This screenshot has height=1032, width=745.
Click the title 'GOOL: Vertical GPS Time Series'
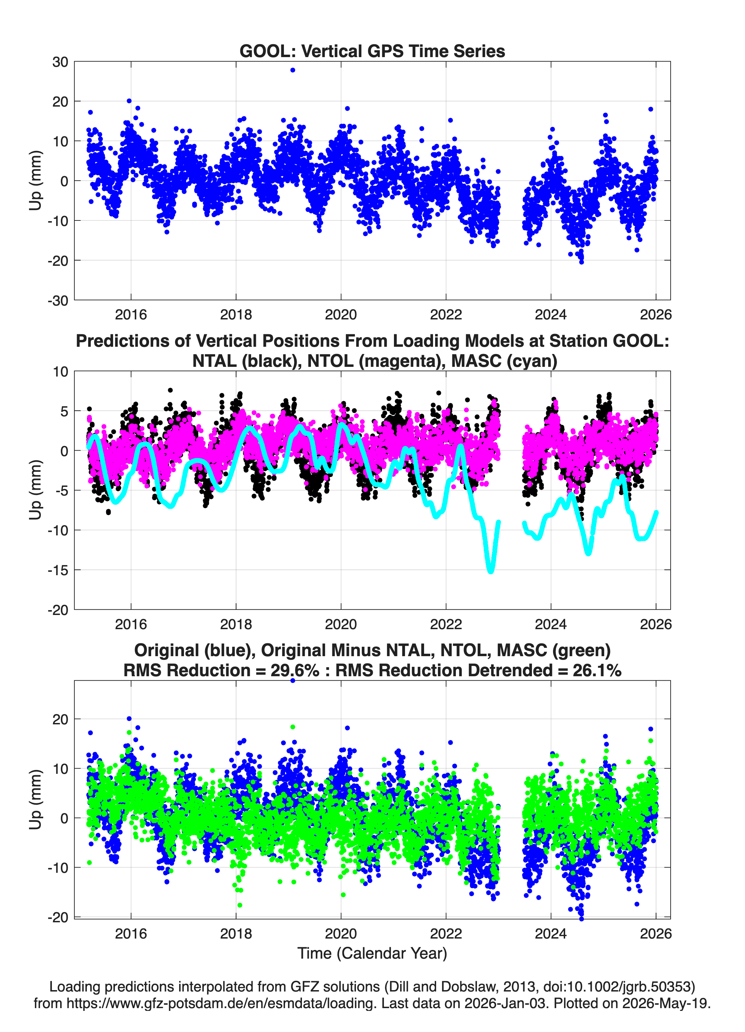coord(372,51)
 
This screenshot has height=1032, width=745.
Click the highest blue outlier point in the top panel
coord(293,70)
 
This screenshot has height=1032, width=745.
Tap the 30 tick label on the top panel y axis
coord(60,62)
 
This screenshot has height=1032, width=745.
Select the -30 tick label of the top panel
coord(58,300)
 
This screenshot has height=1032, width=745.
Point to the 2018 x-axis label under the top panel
coord(236,315)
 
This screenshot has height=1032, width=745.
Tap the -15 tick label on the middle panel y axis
coord(58,570)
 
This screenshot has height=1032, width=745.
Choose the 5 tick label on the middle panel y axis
coord(64,411)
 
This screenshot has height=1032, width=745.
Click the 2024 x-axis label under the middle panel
coord(550,624)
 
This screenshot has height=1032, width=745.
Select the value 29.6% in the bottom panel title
coord(295,670)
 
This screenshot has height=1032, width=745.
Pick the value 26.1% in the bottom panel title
coord(597,670)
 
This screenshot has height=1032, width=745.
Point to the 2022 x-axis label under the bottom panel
coord(446,933)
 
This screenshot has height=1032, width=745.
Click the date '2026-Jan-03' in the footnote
coord(505,1003)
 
